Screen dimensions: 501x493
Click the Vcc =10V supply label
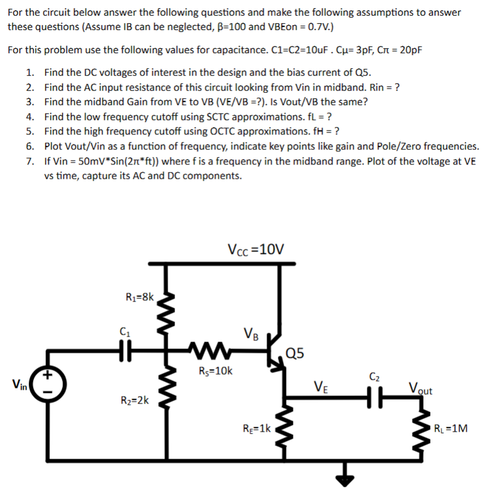coord(257,250)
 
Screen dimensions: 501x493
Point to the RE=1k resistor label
coord(257,428)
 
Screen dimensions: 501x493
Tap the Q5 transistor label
coord(295,353)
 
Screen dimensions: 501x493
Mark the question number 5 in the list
coord(30,131)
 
